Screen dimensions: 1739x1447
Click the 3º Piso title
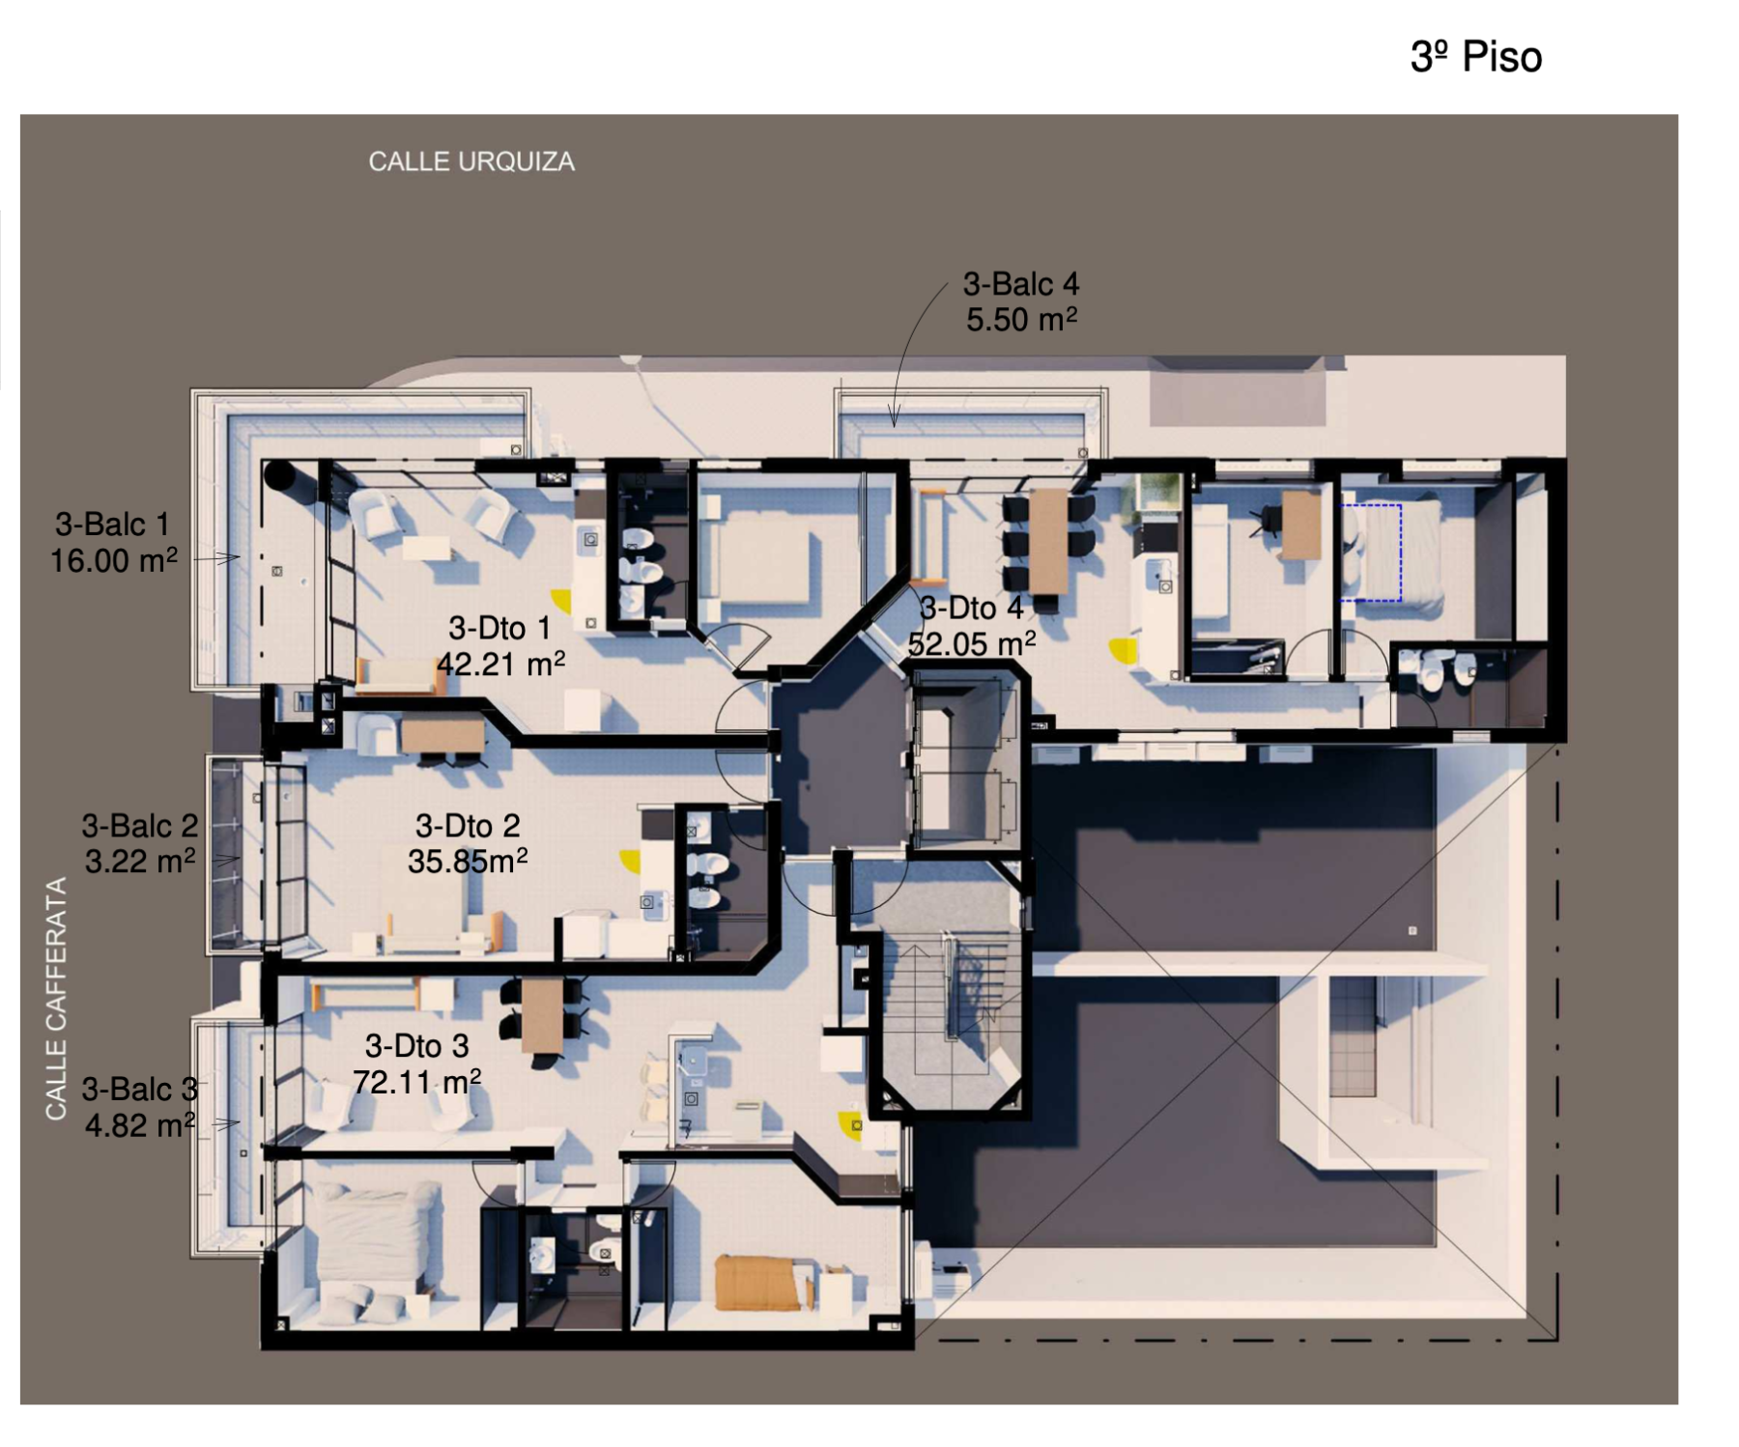coord(1475,57)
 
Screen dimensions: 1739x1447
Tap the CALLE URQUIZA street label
coord(471,161)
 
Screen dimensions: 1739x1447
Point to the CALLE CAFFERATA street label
coord(56,999)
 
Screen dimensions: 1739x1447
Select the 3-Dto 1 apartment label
coord(499,628)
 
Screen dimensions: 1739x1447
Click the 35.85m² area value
coord(468,861)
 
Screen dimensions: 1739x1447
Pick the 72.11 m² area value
coord(416,1081)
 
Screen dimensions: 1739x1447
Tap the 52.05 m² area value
coord(972,643)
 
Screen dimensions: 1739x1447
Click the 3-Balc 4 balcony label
coord(1020,284)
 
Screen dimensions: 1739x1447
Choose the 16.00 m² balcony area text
coord(114,560)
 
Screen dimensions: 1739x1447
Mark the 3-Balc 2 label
coord(140,826)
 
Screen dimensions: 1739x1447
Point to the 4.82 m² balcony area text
coord(140,1125)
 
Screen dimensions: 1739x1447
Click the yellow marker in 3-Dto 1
coord(560,601)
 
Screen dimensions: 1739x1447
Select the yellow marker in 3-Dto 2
coord(630,861)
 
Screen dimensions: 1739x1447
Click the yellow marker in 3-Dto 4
coord(1124,651)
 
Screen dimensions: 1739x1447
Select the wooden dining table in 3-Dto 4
coord(1048,541)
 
